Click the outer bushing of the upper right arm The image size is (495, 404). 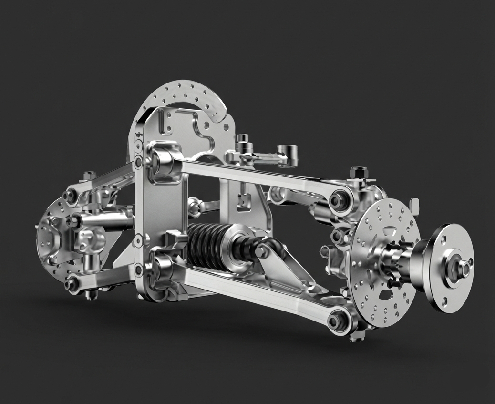[x=340, y=200]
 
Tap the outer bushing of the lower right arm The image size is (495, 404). [x=338, y=319]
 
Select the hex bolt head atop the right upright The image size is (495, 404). [x=358, y=172]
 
